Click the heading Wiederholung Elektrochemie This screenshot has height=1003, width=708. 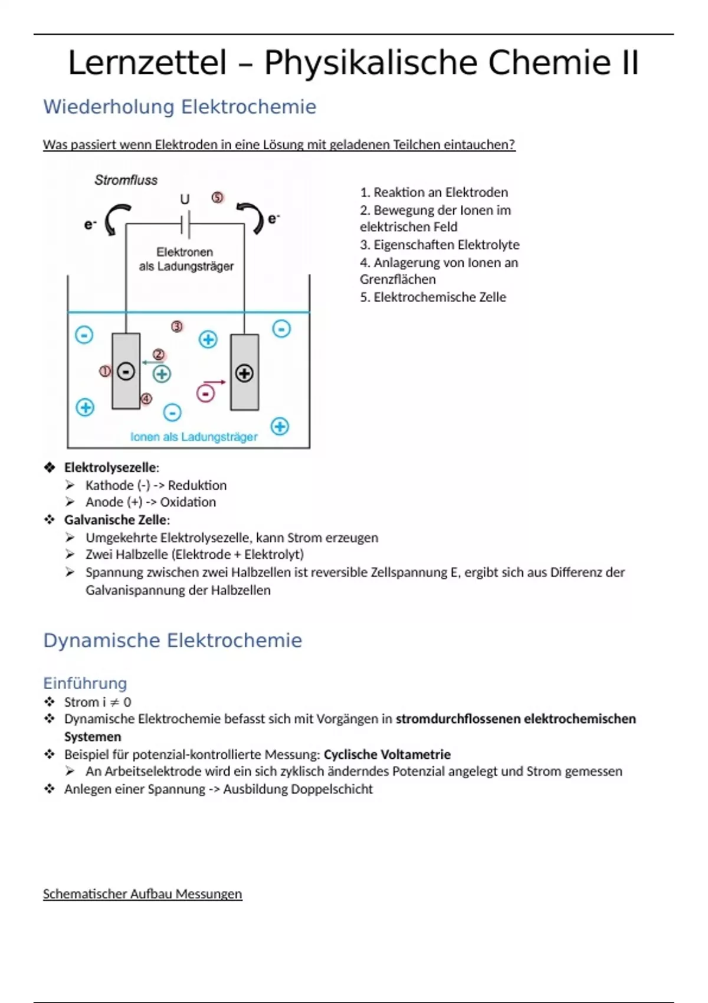(x=179, y=107)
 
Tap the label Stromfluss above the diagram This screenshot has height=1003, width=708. (x=126, y=180)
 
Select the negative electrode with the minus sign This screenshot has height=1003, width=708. (x=126, y=372)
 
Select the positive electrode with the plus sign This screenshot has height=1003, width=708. (x=244, y=373)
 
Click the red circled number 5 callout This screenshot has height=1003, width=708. (x=218, y=198)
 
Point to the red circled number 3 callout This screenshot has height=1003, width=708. (x=177, y=326)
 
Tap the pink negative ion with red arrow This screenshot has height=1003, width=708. (x=205, y=393)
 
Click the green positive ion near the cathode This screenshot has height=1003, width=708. (x=162, y=373)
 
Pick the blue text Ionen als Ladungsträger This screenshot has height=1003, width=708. (x=194, y=437)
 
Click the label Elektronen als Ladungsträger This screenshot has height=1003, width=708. (x=186, y=259)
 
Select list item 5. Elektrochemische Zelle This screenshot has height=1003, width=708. (x=433, y=297)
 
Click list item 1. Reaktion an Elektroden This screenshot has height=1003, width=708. (x=434, y=192)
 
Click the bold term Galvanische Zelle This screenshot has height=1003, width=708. (x=116, y=520)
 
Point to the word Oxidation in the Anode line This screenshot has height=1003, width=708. (x=188, y=502)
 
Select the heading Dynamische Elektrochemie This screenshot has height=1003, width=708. (x=172, y=640)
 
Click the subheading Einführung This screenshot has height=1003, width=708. (x=85, y=683)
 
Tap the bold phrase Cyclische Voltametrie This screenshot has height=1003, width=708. (x=387, y=754)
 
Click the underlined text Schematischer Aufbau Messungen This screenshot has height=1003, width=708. (x=142, y=894)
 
